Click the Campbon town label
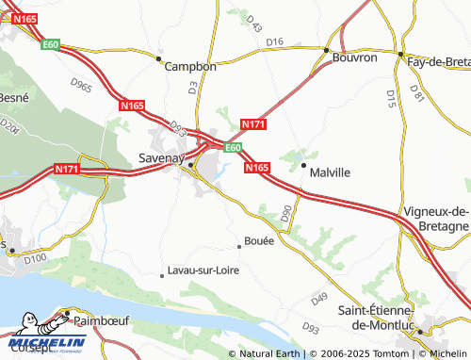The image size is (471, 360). click(190, 67)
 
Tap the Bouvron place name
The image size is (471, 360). click(355, 57)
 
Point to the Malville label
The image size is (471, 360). click(331, 172)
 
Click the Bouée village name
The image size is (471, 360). click(259, 240)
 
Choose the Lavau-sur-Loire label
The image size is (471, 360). click(203, 270)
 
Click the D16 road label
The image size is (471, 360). click(274, 42)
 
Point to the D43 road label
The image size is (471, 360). click(252, 21)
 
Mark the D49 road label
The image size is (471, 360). click(318, 299)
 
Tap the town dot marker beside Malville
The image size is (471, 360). click(303, 167)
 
